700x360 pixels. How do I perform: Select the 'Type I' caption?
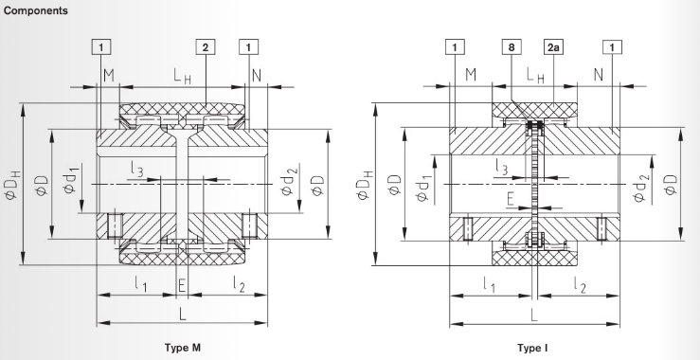pos(532,348)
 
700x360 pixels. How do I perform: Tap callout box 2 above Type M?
pos(205,46)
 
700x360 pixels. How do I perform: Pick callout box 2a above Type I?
pos(551,46)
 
